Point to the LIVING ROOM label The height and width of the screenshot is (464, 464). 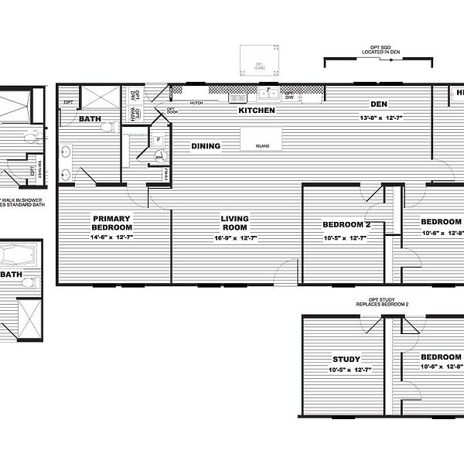pyautogui.click(x=234, y=223)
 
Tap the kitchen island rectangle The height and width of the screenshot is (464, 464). pyautogui.click(x=261, y=140)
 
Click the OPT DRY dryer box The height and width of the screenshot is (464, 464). pyautogui.click(x=134, y=95)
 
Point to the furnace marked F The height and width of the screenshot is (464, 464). pyautogui.click(x=157, y=141)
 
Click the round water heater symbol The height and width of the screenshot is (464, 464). pyautogui.click(x=160, y=155)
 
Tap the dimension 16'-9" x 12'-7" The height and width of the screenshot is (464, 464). pyautogui.click(x=234, y=238)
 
